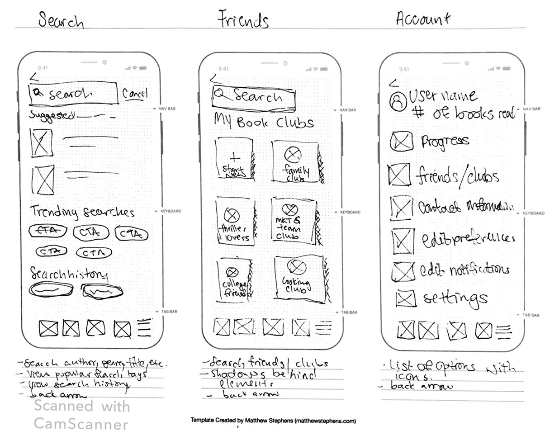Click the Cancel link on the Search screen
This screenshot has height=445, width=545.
[x=135, y=94]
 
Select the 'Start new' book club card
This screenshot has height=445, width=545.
[x=233, y=161]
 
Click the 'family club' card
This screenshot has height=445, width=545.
[x=294, y=162]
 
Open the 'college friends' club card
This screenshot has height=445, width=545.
[x=234, y=279]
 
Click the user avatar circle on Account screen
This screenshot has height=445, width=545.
[x=398, y=102]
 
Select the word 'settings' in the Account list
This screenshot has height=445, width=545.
[x=455, y=298]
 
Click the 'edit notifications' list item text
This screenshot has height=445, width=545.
[x=464, y=270]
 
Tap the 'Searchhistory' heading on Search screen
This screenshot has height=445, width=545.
[x=69, y=274]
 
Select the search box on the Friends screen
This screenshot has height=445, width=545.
[x=254, y=97]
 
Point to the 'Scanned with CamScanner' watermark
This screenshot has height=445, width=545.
[x=81, y=415]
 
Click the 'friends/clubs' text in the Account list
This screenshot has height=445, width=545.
[x=457, y=175]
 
